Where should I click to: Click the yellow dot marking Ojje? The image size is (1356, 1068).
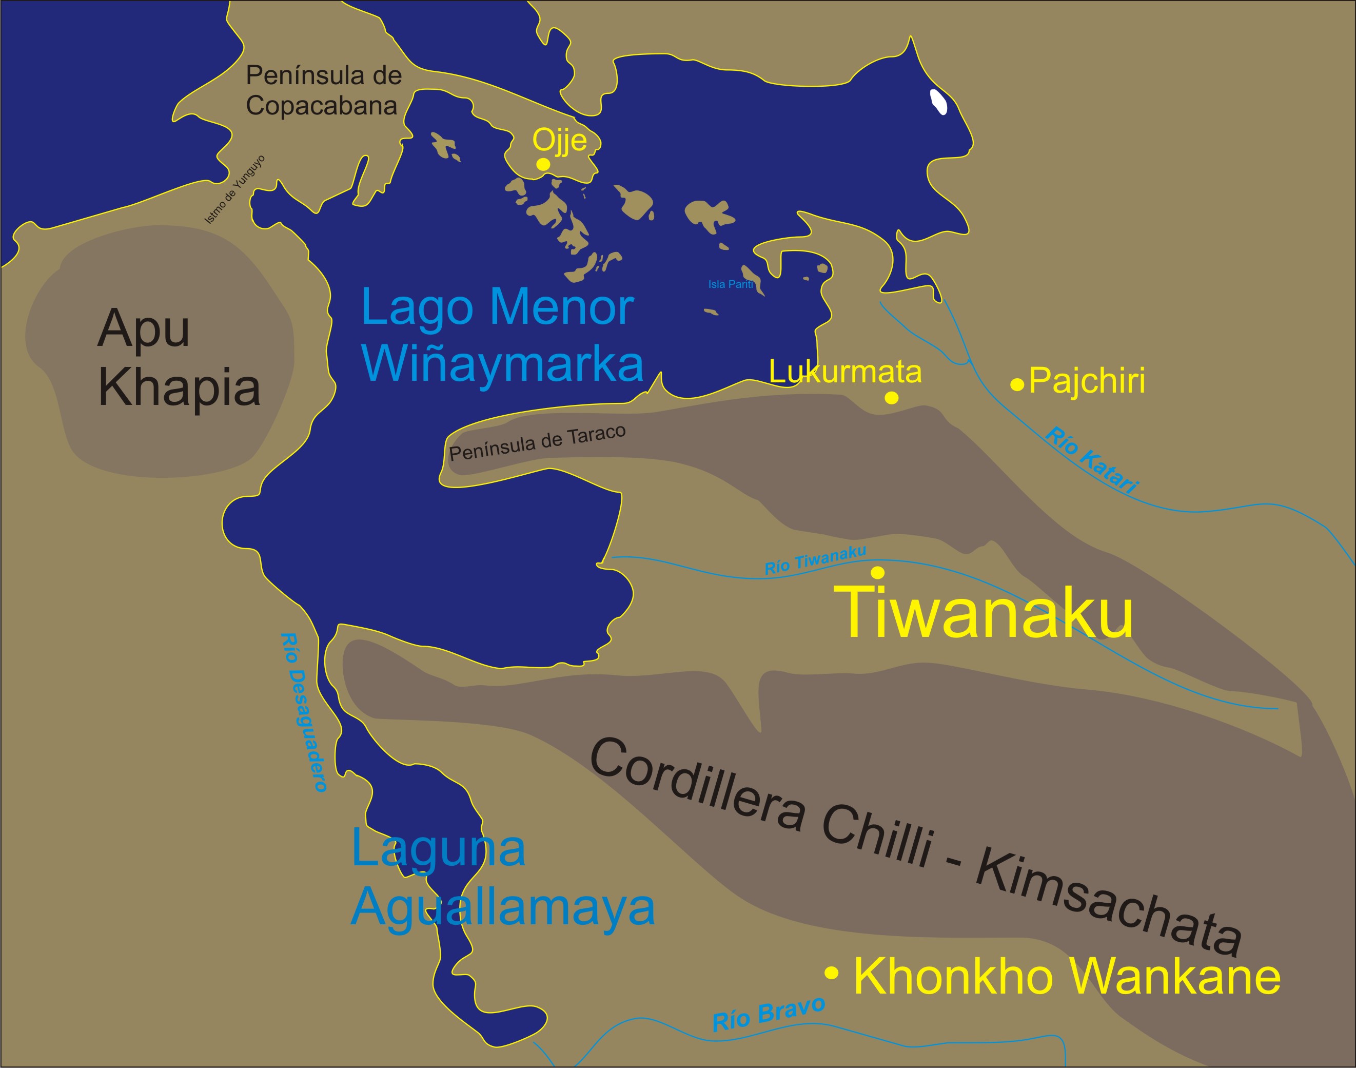(x=543, y=164)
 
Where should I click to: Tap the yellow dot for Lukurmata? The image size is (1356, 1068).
(x=892, y=398)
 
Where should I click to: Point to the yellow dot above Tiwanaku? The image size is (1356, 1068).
(x=878, y=572)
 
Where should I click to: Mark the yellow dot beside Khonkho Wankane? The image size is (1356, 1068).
(x=832, y=973)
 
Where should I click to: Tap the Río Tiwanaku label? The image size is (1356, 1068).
(x=815, y=559)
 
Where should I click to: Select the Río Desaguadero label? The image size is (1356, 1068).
(x=304, y=712)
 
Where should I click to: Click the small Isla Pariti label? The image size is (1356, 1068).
(x=731, y=284)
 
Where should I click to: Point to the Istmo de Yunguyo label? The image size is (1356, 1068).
(x=235, y=189)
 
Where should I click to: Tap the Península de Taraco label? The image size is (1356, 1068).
(x=538, y=443)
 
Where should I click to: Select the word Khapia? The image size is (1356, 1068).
(x=180, y=387)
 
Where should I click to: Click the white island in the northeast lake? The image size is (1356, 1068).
(x=938, y=102)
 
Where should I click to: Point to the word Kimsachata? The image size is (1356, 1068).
(x=1110, y=900)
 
